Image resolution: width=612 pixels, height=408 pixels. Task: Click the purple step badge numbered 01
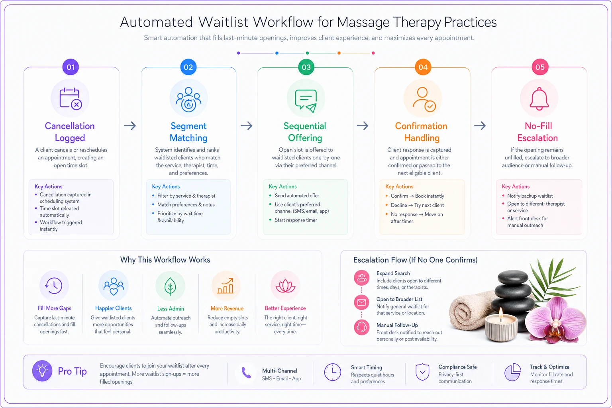71,67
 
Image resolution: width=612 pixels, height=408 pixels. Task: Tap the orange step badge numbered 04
423,67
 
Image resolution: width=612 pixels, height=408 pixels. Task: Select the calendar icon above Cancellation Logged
71,99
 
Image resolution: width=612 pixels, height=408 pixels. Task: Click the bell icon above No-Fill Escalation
539,99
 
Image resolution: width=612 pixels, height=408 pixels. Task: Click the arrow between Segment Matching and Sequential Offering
247,126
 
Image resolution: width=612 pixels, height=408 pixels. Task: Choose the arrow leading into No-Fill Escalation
480,126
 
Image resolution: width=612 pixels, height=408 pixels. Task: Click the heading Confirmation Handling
421,132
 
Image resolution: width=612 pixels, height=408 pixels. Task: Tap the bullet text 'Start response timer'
296,220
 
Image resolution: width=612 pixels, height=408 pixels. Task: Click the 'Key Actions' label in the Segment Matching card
166,186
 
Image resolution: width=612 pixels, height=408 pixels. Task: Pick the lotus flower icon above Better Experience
286,286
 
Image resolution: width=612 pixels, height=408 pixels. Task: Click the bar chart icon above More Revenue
226,286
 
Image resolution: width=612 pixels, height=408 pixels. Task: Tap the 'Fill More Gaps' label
54,308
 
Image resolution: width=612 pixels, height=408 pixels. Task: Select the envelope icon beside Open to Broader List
361,302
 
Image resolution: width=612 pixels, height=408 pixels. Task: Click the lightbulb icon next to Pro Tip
42,371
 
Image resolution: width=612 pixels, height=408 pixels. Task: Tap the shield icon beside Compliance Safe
422,372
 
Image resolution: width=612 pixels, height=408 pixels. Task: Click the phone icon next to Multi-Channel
246,372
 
